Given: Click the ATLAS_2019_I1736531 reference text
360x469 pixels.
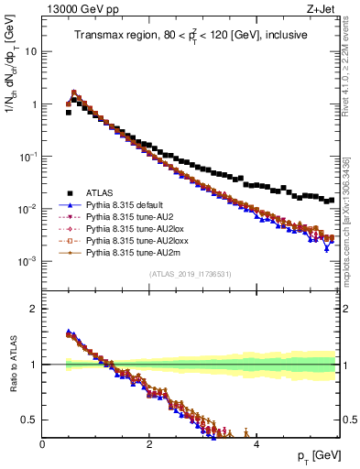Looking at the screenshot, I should [190, 274].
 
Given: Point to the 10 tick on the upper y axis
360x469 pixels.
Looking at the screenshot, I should [30, 51].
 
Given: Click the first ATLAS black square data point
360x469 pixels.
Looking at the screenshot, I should [69, 113].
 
